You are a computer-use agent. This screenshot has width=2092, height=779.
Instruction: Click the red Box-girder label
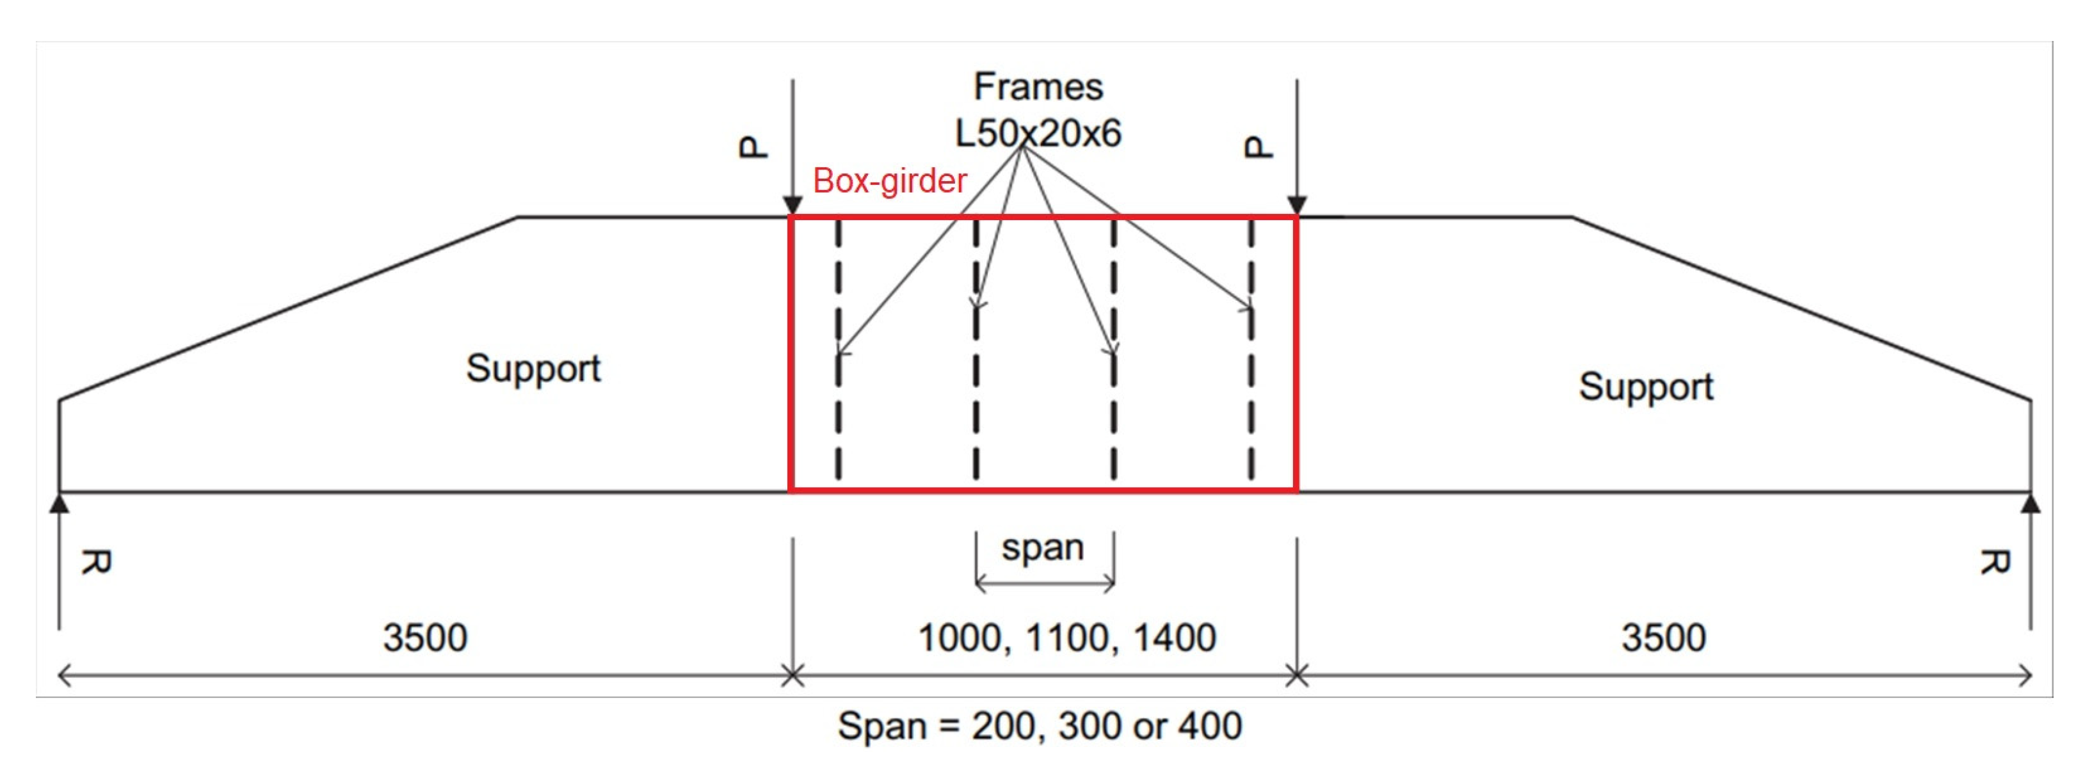(x=889, y=181)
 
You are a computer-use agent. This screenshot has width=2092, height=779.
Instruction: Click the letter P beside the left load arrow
(x=753, y=147)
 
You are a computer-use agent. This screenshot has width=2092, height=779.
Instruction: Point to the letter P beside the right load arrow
(x=1258, y=147)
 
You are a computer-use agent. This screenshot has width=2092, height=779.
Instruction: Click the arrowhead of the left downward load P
(x=793, y=205)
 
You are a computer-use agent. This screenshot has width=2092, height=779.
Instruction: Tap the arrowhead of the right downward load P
(x=1297, y=205)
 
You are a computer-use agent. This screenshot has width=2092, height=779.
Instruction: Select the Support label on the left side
(x=533, y=369)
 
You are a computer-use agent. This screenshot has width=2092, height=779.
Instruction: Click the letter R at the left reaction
(x=96, y=561)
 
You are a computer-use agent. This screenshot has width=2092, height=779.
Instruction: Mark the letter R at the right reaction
(x=1993, y=561)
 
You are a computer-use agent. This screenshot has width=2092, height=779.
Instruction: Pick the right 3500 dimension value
(x=1663, y=638)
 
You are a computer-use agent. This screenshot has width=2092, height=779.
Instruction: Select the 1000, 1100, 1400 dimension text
(x=1066, y=638)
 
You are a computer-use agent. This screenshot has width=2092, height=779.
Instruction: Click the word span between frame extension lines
(x=1043, y=547)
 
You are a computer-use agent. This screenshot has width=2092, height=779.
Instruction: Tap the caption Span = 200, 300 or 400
(x=1040, y=725)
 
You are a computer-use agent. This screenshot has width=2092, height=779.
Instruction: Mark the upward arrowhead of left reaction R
(x=58, y=504)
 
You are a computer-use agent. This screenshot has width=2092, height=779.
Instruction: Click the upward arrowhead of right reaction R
(x=2031, y=504)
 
